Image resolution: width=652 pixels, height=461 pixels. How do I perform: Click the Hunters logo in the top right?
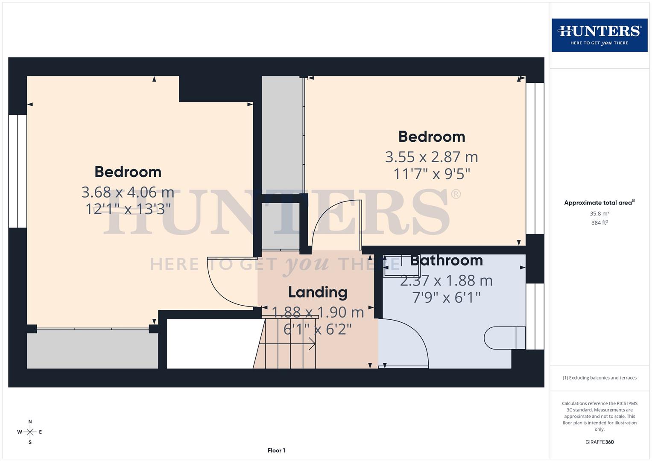pyautogui.click(x=599, y=35)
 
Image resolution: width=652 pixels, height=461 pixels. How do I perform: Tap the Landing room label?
pyautogui.click(x=318, y=292)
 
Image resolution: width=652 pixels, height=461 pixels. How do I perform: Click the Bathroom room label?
pyautogui.click(x=446, y=260)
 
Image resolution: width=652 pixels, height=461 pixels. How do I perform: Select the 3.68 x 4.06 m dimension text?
pyautogui.click(x=128, y=192)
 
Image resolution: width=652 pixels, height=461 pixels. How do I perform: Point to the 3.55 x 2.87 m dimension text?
pyautogui.click(x=431, y=157)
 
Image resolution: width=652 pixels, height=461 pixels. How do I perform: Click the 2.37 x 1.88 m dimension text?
pyautogui.click(x=446, y=280)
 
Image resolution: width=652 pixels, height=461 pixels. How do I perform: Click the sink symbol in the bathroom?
pyautogui.click(x=392, y=266)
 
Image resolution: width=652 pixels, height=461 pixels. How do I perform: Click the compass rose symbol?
pyautogui.click(x=30, y=432)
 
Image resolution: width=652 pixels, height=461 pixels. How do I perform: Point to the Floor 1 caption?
pyautogui.click(x=276, y=450)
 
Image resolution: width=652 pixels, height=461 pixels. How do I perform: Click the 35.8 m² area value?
pyautogui.click(x=599, y=213)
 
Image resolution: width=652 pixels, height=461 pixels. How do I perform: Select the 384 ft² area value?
pyautogui.click(x=599, y=223)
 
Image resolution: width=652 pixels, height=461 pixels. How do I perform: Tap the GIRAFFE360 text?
pyautogui.click(x=599, y=442)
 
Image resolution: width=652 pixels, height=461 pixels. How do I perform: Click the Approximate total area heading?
pyautogui.click(x=599, y=203)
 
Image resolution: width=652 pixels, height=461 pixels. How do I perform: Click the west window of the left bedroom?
pyautogui.click(x=18, y=171)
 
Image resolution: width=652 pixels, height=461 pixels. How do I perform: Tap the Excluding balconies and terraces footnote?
pyautogui.click(x=599, y=378)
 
